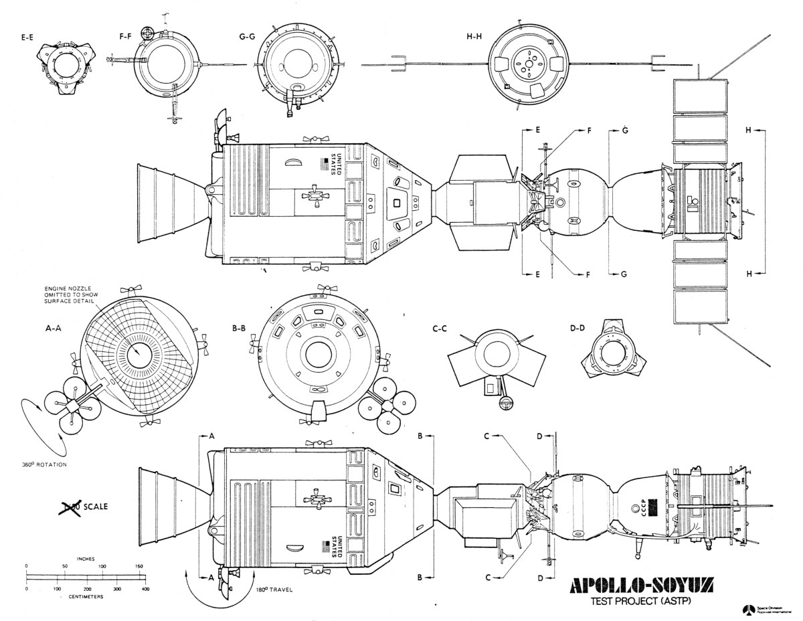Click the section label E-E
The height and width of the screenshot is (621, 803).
(27, 39)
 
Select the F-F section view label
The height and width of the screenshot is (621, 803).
(124, 39)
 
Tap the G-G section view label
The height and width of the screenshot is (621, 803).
(248, 39)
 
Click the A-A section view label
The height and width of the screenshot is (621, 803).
(54, 329)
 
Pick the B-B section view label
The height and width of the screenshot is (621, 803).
(240, 329)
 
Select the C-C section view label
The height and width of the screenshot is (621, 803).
(440, 329)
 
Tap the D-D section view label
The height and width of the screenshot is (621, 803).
(577, 329)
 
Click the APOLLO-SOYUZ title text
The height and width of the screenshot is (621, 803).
(640, 587)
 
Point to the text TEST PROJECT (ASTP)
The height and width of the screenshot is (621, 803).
(640, 601)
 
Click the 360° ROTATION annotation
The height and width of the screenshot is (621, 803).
(44, 464)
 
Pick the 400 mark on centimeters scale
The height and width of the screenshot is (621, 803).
(145, 589)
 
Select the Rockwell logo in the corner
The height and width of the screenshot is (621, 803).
(747, 608)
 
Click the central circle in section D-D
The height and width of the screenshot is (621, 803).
(612, 353)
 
